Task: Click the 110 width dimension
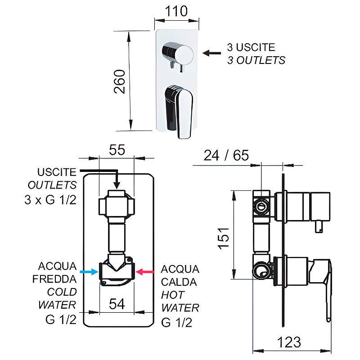[x=176, y=11]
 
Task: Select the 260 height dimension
[x=119, y=81]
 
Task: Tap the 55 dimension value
[x=117, y=150]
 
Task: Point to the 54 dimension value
[x=117, y=304]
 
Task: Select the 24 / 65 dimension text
[x=226, y=156]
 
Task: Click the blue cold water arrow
[x=88, y=272]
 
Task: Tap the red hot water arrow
[x=145, y=272]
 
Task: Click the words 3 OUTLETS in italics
[x=256, y=60]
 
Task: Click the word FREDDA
[x=54, y=279]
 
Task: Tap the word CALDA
[x=179, y=282]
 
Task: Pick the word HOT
[x=173, y=295]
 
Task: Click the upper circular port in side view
[x=261, y=207]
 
